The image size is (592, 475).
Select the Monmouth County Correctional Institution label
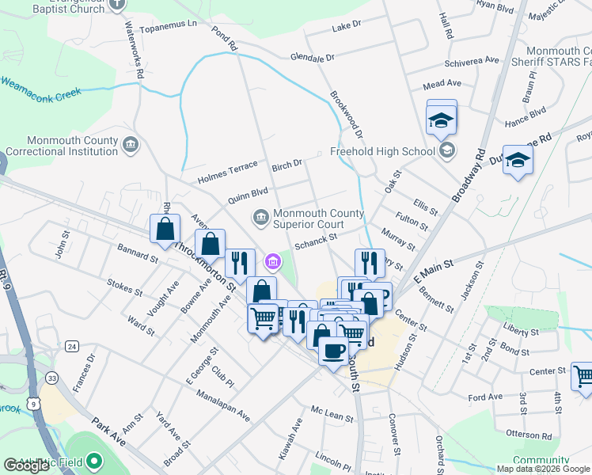coord(61,145)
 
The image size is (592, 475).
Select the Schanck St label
coord(316,241)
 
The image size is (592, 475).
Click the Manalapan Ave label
coord(224,404)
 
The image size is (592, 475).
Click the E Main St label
coord(431,268)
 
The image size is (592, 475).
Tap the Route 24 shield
coord(72,346)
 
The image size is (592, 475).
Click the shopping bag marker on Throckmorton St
coord(165,230)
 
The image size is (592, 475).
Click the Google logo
coord(27,465)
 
